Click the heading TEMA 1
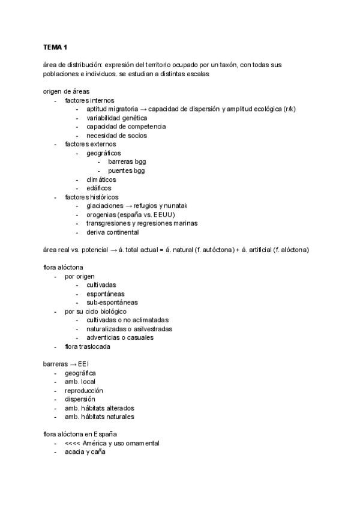pos(55,47)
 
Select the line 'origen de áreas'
pos(66,91)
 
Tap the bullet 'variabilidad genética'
pos(116,118)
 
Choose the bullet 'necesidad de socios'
pos(116,135)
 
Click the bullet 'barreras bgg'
pos(127,161)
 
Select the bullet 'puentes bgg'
pos(127,170)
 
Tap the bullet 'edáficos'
pos(99,188)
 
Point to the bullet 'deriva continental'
pos(113,232)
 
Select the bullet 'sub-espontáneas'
pos(112,303)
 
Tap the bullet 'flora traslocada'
pos(88,346)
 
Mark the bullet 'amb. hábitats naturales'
pos(100,417)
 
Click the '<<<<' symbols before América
pos(73,443)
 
